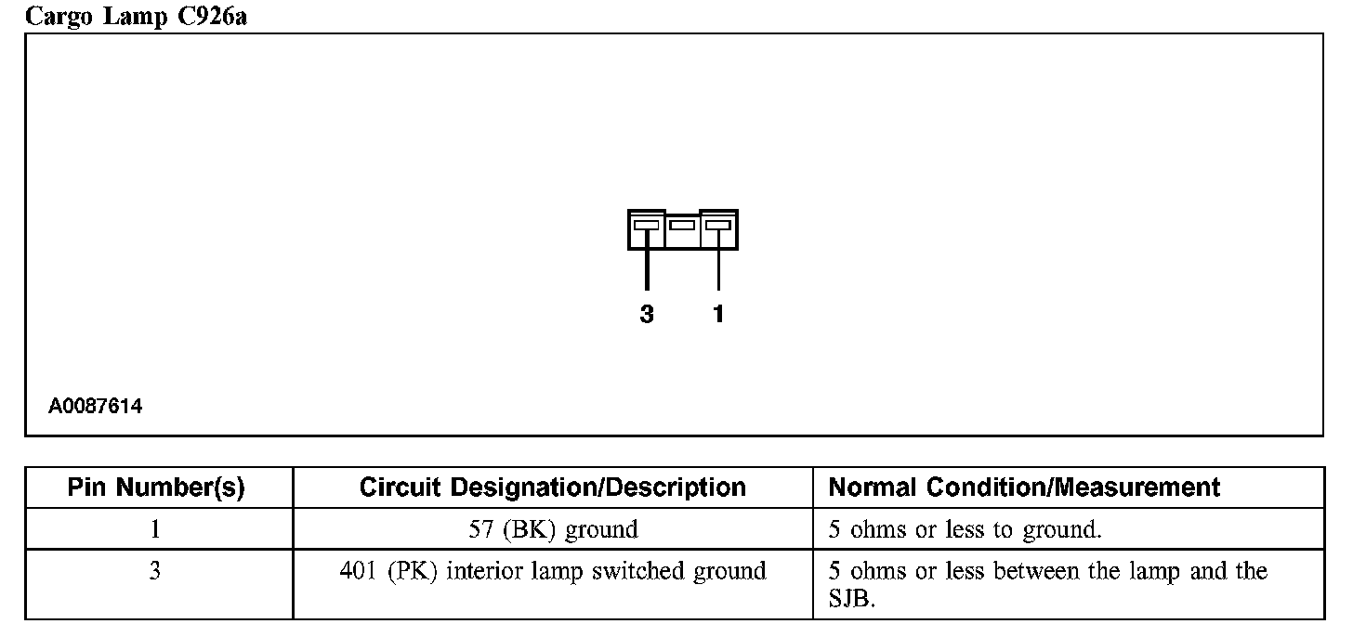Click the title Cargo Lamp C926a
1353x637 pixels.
(136, 16)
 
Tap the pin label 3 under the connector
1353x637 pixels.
(647, 315)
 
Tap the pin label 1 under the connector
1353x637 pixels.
(718, 315)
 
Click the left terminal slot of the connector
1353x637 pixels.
(646, 225)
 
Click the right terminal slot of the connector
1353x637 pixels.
(718, 225)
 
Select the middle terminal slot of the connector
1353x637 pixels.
(682, 225)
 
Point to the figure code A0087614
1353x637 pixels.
(96, 407)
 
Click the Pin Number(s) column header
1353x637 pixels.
(156, 487)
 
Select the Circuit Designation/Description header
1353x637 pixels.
(552, 487)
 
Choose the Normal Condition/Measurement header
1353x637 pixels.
(1024, 487)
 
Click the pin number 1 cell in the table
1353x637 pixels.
(155, 529)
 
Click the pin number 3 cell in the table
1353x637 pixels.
(155, 571)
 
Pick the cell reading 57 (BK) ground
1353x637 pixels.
(553, 530)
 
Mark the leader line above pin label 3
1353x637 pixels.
(647, 269)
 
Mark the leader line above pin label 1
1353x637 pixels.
(718, 269)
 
